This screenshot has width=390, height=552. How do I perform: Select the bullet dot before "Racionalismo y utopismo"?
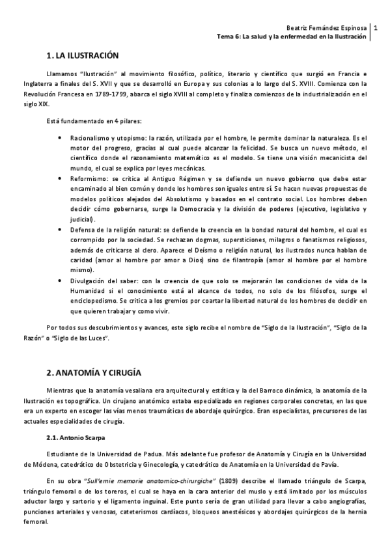tap(61, 138)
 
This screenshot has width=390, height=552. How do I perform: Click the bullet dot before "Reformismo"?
tap(61, 178)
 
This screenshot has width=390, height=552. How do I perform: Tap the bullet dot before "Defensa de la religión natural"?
tap(61, 230)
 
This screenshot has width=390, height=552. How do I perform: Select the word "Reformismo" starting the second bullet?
tap(88, 178)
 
